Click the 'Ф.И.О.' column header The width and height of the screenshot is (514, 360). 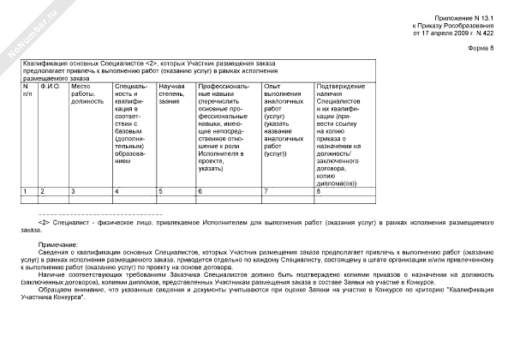pos(50,87)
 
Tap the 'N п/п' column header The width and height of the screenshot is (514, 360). pos(27,90)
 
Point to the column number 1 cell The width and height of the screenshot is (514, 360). pos(26,189)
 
